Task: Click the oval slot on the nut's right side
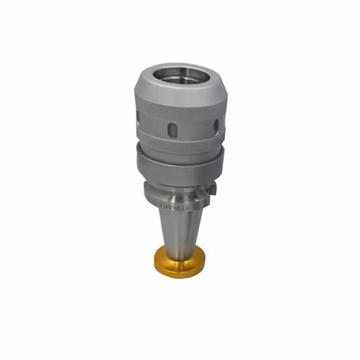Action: click(x=215, y=126)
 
